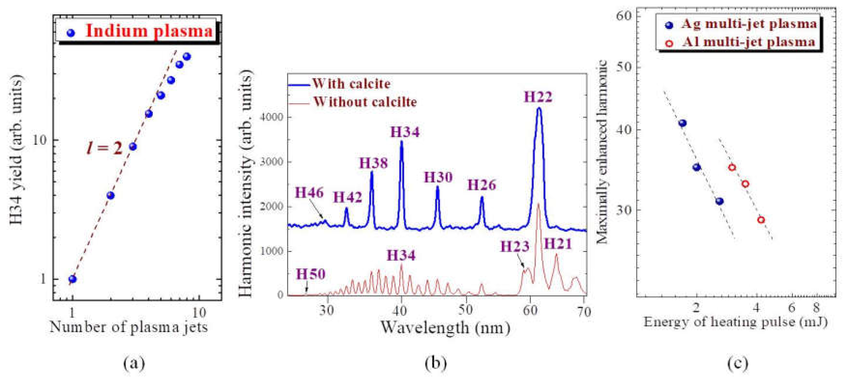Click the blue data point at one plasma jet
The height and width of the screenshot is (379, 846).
point(73,279)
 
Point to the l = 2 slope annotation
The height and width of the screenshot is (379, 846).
point(104,148)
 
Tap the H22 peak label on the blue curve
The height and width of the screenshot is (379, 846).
point(538,97)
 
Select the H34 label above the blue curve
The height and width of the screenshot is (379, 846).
point(405,132)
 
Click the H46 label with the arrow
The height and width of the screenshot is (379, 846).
point(309,193)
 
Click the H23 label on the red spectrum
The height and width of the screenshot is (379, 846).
point(515,246)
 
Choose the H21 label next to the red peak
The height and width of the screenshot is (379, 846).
point(558,244)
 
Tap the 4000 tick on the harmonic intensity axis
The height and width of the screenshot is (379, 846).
point(271,117)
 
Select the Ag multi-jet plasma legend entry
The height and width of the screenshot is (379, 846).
point(749,24)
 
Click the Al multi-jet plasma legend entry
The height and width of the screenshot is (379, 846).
point(749,42)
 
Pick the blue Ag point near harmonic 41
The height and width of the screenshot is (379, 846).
point(683,123)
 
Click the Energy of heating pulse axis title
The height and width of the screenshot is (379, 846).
point(735,322)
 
